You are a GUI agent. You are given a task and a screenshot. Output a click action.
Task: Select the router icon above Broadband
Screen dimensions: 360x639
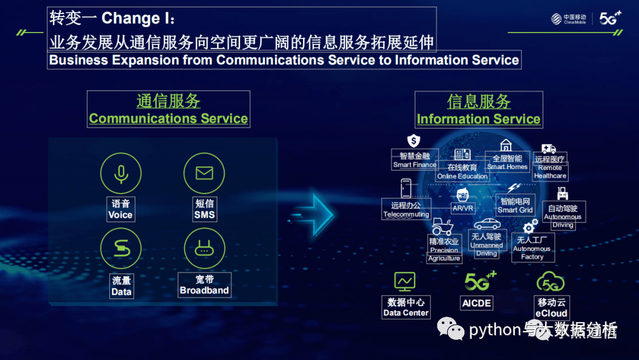pos(204,249)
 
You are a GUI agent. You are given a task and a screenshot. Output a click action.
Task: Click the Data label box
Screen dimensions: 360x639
pos(121,286)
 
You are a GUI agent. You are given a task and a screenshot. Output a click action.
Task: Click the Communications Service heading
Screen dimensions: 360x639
pos(169,110)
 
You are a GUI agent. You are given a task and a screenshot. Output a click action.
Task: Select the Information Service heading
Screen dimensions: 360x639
pos(479,110)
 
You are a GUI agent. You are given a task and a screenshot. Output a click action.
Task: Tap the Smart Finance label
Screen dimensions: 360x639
pos(415,160)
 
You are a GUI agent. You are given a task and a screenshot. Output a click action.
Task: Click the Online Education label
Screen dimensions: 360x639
pos(462,172)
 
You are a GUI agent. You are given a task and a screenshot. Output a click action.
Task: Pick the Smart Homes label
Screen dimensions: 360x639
pos(507,162)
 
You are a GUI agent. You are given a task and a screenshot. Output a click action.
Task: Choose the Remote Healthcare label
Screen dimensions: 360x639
pos(550,168)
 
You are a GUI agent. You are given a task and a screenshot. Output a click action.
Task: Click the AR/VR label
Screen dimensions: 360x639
pos(463,208)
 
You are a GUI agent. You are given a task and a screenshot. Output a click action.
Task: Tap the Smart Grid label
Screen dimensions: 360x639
pos(515,205)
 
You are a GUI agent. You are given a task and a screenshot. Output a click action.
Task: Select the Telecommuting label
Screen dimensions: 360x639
pos(406,210)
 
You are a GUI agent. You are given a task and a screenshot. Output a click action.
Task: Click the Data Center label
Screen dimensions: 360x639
pos(406,307)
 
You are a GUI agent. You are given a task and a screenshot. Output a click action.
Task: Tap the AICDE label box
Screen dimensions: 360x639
pos(476,303)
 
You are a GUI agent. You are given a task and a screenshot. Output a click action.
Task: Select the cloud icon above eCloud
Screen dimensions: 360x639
pos(550,282)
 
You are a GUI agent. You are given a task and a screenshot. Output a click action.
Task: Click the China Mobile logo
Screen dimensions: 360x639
pos(569,19)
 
